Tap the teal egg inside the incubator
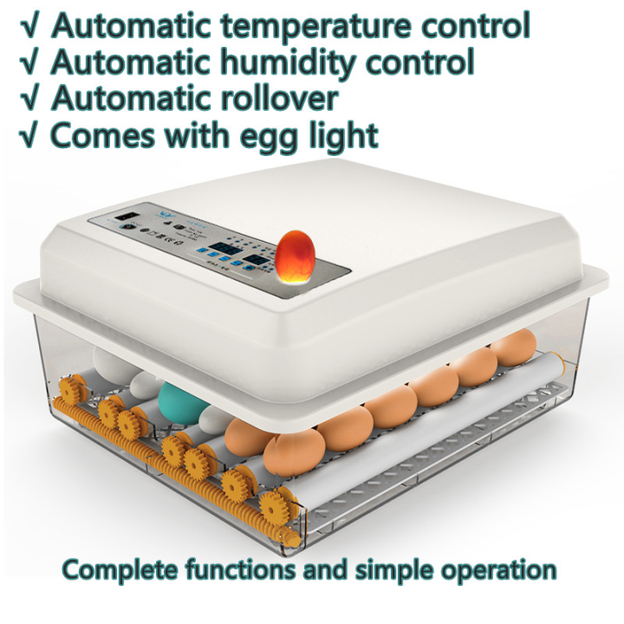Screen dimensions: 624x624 [179, 401]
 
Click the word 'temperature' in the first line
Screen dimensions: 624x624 [309, 26]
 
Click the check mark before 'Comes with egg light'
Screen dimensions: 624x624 [29, 136]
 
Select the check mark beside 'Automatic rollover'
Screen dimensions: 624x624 [29, 99]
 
